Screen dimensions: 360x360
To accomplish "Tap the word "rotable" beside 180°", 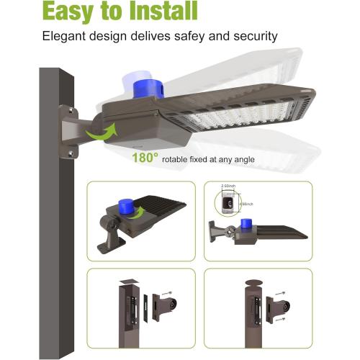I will (176, 158).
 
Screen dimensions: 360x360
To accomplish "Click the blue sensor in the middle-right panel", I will (245, 225).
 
